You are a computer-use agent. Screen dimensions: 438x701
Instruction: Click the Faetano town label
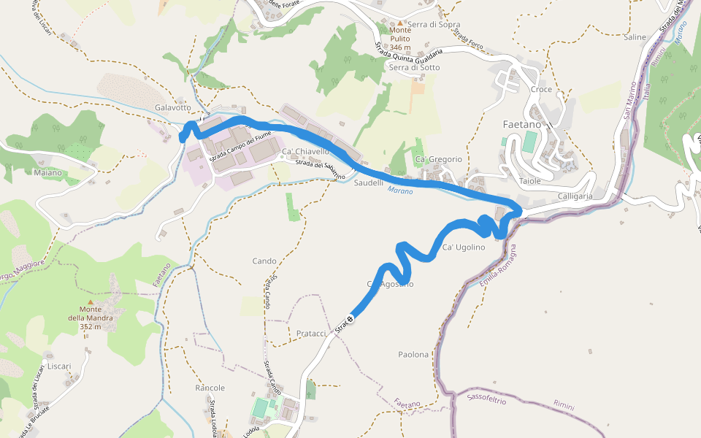[521, 124]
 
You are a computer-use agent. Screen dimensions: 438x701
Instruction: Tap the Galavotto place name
[172, 107]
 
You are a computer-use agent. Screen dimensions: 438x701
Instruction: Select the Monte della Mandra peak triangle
[91, 301]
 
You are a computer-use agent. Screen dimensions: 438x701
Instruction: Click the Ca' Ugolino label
[464, 247]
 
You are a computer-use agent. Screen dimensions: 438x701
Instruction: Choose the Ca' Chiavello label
[305, 151]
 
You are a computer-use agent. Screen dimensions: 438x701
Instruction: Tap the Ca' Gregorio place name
[438, 159]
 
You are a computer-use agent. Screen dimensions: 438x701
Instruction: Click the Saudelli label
[369, 182]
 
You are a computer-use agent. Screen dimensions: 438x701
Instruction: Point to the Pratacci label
[312, 333]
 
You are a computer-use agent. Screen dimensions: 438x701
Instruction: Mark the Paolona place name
[413, 355]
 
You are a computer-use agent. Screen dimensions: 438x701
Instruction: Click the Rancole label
[210, 388]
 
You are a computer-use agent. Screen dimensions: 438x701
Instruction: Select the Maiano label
[48, 173]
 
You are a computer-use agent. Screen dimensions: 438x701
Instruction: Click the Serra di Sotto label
[415, 67]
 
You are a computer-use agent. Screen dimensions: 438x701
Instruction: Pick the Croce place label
[541, 89]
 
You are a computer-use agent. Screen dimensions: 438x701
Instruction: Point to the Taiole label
[529, 180]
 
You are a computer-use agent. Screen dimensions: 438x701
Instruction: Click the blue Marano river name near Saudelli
[400, 191]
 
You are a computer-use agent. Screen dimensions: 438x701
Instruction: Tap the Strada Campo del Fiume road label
[242, 148]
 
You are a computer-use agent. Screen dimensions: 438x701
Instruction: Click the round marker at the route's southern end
[350, 318]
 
